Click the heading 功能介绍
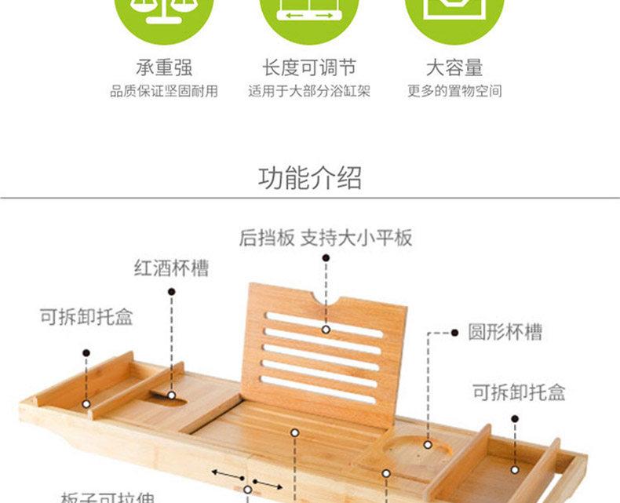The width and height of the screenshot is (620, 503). [310, 178]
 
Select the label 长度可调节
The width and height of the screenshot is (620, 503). [309, 68]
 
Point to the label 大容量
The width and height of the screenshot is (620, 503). [454, 68]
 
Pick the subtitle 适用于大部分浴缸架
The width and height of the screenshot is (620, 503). [309, 91]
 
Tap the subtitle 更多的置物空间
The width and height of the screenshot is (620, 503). [454, 91]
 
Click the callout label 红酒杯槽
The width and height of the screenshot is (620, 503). [171, 268]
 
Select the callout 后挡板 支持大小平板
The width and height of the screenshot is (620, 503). [326, 238]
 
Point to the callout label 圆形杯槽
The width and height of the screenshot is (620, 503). [505, 332]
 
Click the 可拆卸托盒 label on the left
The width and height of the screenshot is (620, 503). [86, 317]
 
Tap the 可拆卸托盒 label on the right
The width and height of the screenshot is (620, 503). [518, 392]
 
